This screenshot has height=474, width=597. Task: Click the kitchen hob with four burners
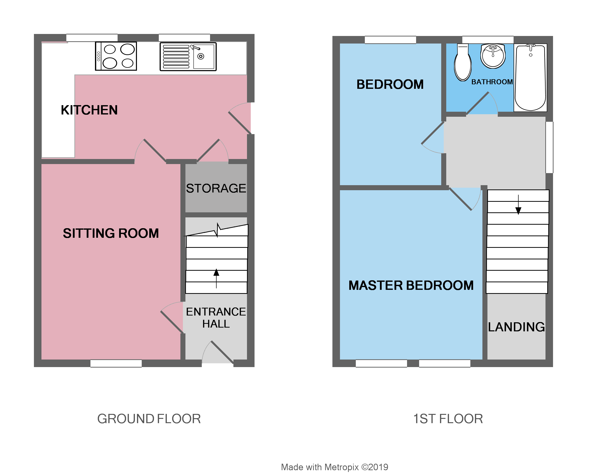[x=116, y=56]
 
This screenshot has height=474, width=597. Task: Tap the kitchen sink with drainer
[x=188, y=57]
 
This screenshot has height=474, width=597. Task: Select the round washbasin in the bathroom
[x=493, y=56]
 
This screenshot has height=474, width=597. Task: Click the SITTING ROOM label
[x=111, y=233]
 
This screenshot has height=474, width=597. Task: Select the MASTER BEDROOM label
[x=411, y=285]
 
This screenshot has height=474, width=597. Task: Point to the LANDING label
[x=516, y=327]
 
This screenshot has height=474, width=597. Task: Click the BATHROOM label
[x=492, y=82]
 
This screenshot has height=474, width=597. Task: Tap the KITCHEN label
[x=89, y=110]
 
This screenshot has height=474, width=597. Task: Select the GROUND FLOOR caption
[x=149, y=419]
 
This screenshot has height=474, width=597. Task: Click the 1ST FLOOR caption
[x=448, y=419]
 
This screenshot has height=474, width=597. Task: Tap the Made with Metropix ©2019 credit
[x=334, y=467]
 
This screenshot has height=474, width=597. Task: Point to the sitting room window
[x=116, y=363]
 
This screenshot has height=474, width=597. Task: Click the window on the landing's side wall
[x=549, y=147]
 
